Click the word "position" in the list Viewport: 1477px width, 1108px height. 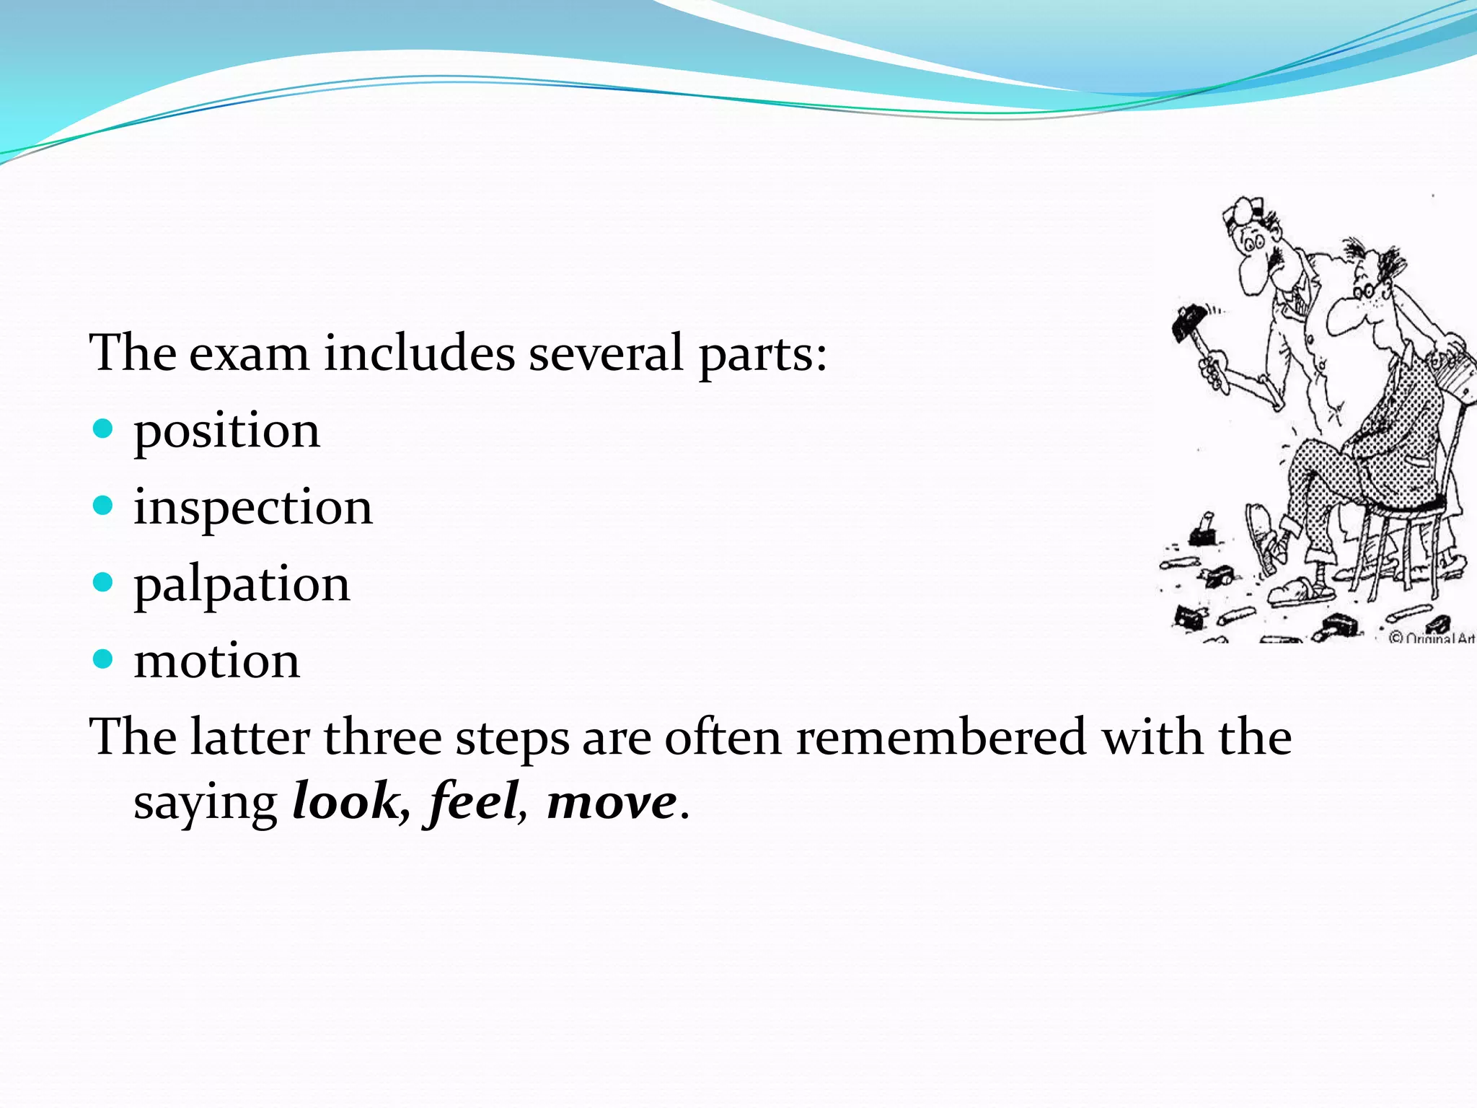pos(226,431)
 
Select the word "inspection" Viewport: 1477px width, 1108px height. pos(253,508)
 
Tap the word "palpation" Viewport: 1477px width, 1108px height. pos(242,584)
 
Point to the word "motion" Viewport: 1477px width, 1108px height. pos(216,661)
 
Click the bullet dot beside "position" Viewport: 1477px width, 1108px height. pos(104,429)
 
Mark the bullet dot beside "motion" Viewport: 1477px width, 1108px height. pos(104,659)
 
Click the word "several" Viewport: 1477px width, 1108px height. pos(606,354)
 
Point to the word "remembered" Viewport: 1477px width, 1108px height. pos(941,738)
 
